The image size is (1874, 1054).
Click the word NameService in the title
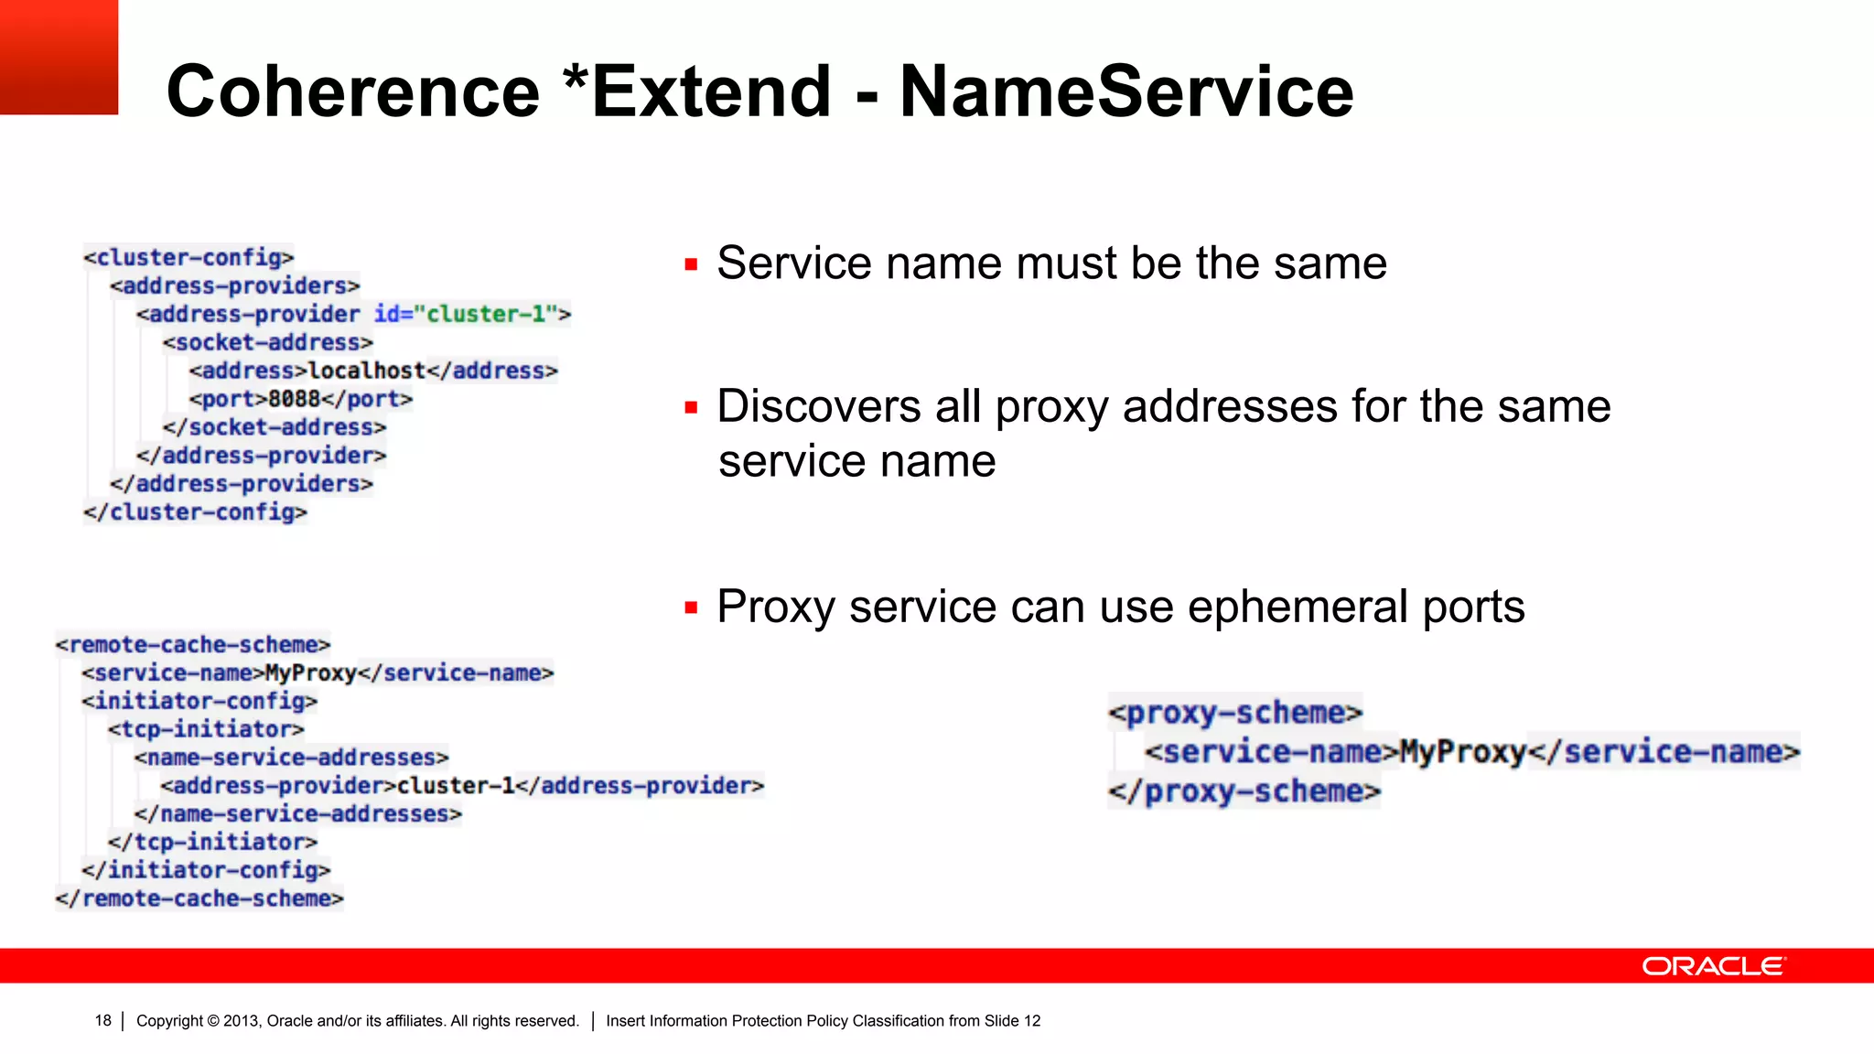point(1125,91)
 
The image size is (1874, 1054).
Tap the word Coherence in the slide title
point(353,91)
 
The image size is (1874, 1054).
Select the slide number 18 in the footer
point(102,1021)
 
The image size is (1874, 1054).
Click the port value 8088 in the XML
point(294,399)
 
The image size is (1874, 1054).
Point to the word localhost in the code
point(367,371)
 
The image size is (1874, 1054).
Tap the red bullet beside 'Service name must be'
point(691,265)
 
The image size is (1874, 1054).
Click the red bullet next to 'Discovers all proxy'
point(691,408)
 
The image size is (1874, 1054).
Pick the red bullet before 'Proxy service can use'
point(691,608)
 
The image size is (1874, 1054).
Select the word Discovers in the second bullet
point(819,406)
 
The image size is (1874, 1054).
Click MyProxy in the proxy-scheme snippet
point(1463,752)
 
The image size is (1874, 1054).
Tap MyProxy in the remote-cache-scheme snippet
point(310,673)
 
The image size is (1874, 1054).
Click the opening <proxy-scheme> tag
point(1234,713)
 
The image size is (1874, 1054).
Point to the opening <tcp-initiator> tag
point(206,729)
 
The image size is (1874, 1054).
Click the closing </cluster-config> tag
point(195,512)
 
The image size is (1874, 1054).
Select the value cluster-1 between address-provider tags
point(455,786)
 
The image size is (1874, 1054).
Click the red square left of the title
point(59,57)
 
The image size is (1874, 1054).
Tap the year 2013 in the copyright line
point(241,1021)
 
